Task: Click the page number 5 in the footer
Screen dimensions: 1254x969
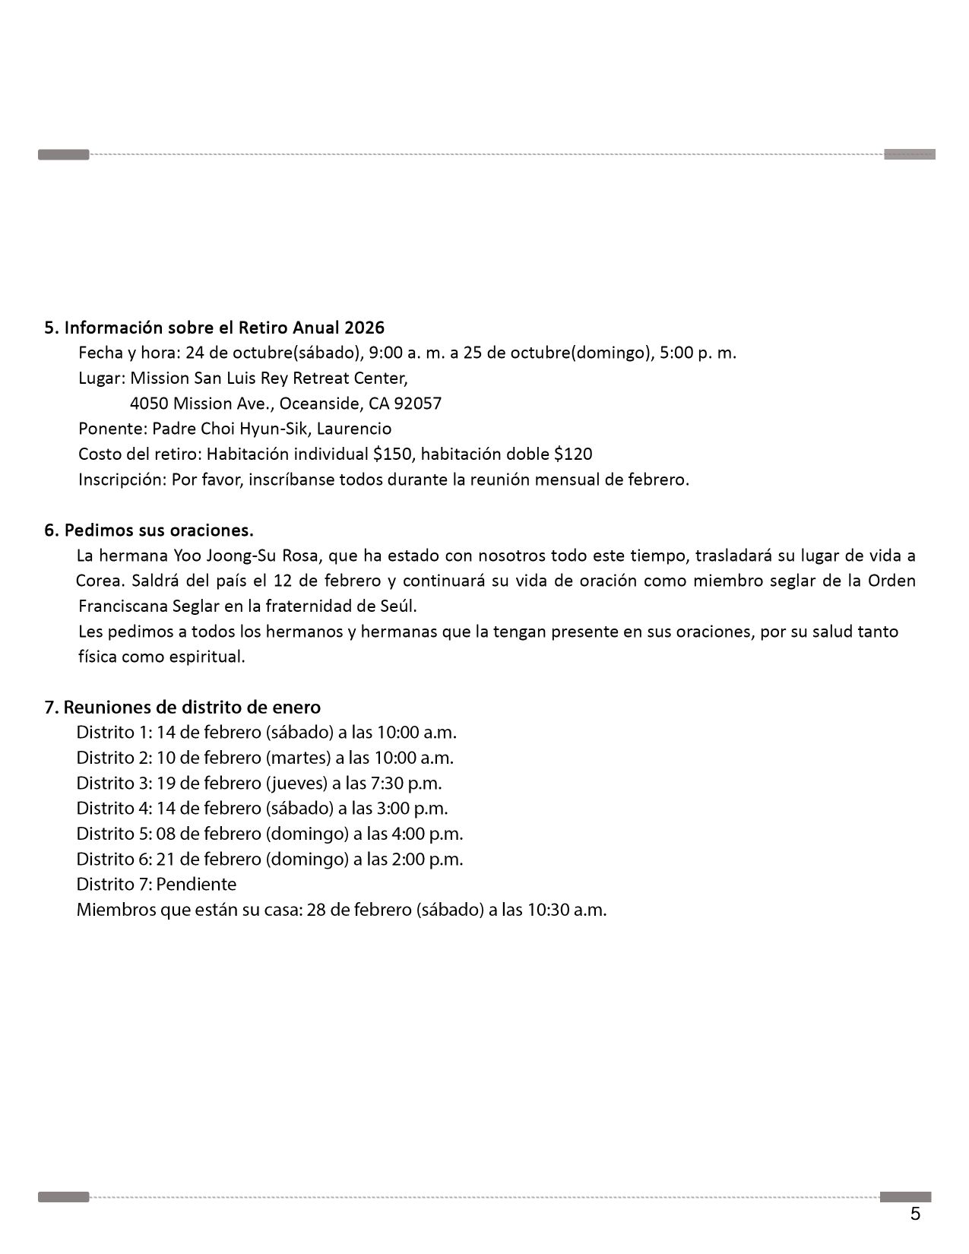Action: (915, 1214)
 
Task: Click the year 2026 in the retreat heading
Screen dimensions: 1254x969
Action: (364, 328)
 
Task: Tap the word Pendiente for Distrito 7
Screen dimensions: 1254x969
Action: (196, 884)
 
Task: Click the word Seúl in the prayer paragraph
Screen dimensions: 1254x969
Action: (400, 606)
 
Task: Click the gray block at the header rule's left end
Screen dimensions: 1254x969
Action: (63, 155)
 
